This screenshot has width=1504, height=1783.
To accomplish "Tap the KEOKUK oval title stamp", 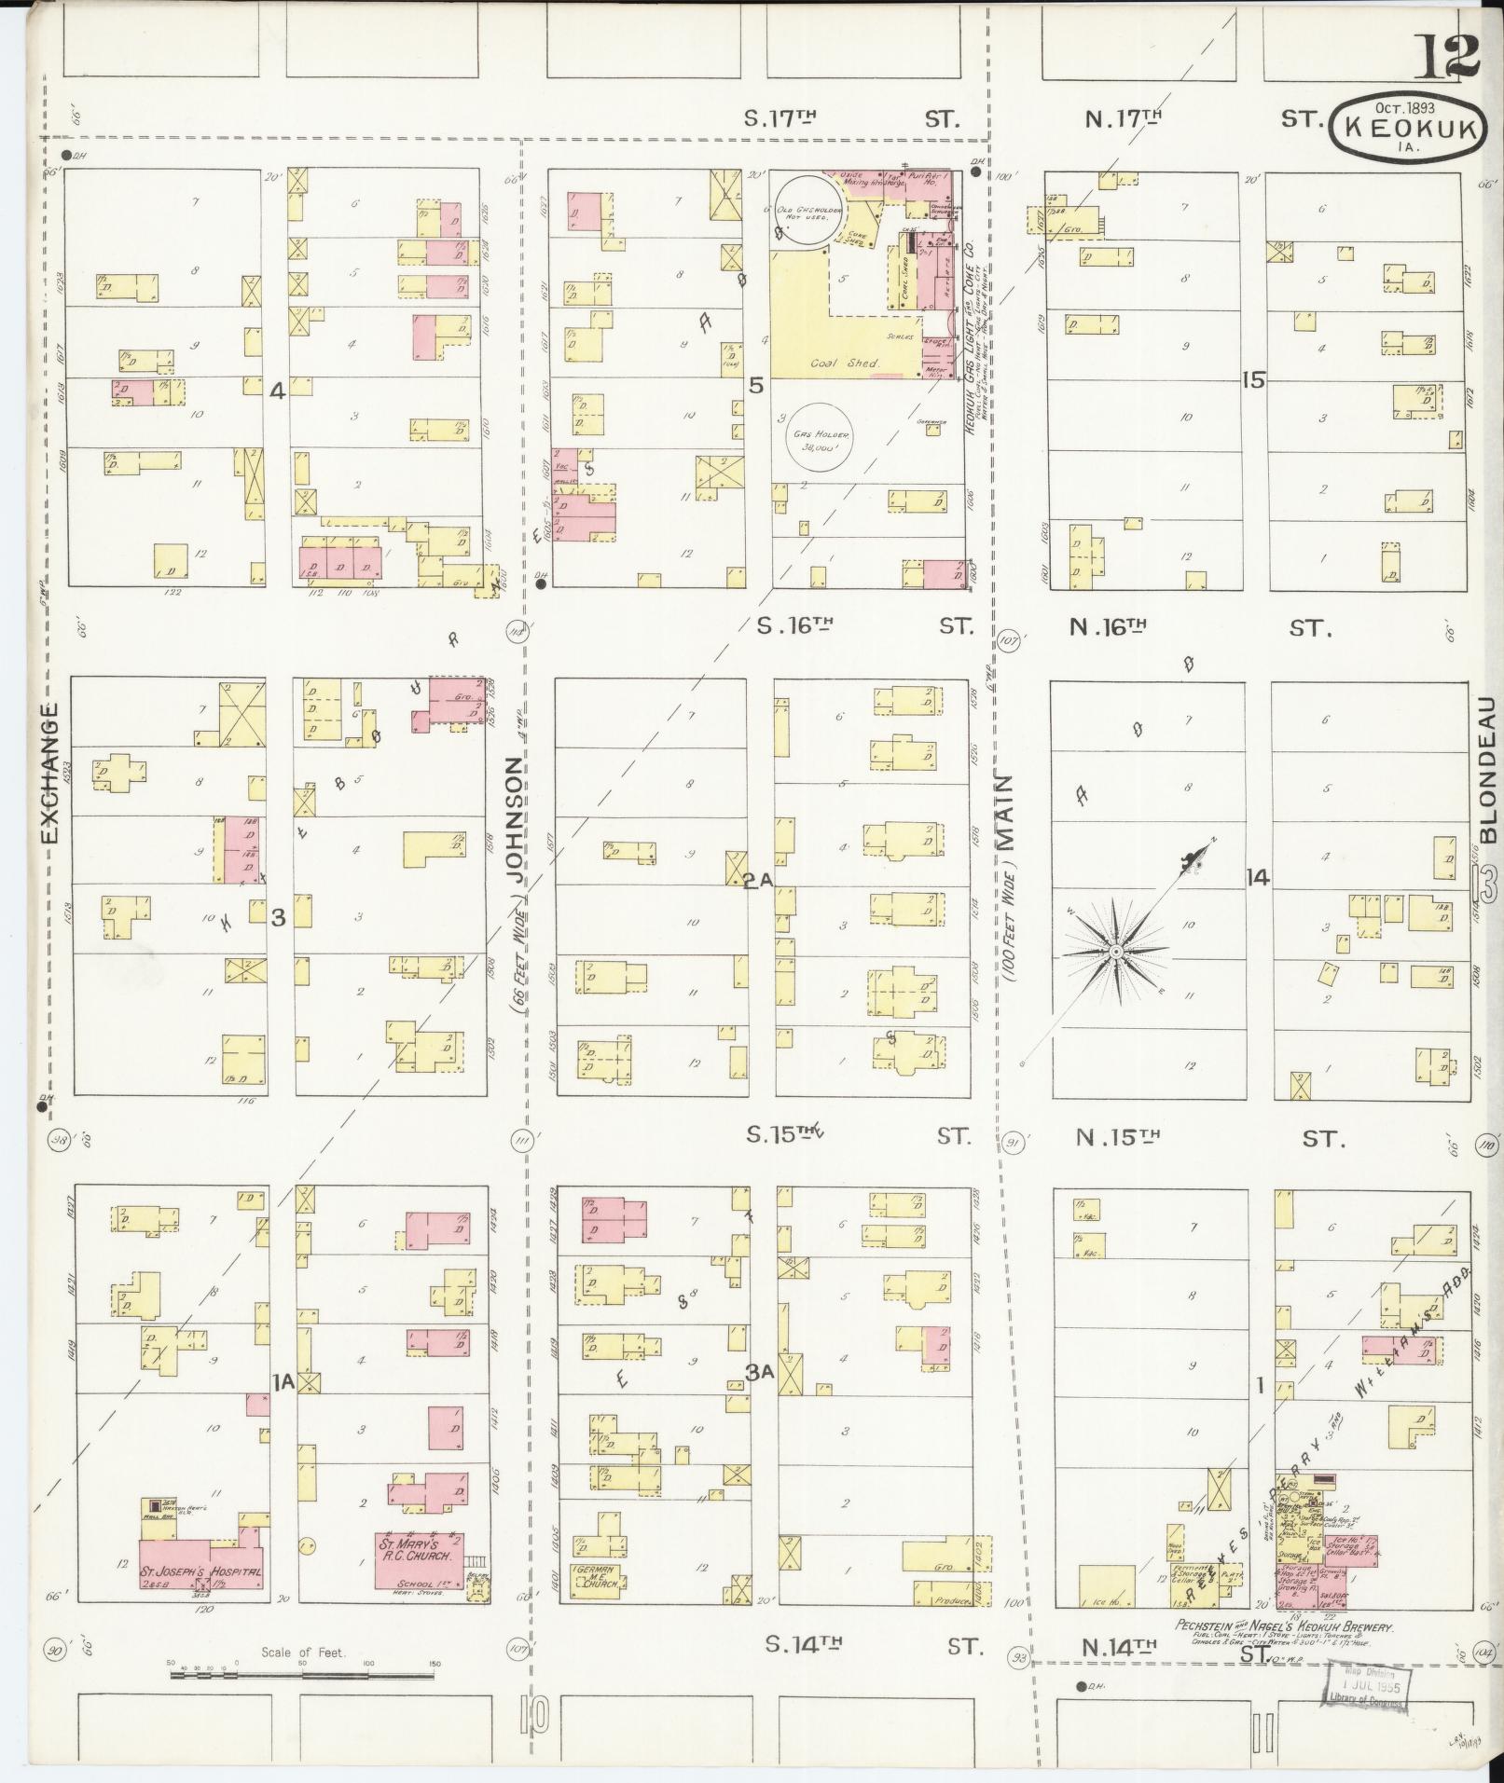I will coord(1409,131).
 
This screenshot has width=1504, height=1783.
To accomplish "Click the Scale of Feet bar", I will coord(302,1676).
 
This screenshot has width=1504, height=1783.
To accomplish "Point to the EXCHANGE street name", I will coord(48,772).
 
